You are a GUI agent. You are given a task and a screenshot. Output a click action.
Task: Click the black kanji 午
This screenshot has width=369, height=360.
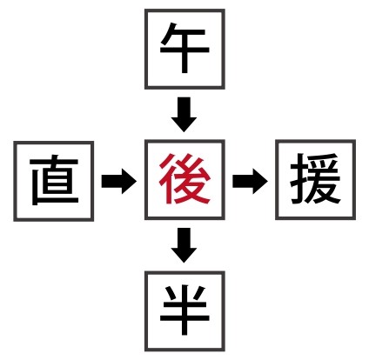pyautogui.click(x=184, y=48)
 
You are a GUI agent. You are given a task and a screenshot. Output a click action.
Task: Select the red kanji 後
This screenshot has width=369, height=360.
pyautogui.click(x=184, y=179)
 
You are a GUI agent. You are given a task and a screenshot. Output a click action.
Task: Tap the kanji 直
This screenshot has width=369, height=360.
pyautogui.click(x=54, y=181)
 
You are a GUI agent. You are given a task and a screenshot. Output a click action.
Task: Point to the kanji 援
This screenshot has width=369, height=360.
pyautogui.click(x=315, y=178)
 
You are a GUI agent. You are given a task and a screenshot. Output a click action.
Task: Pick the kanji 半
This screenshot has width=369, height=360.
pyautogui.click(x=184, y=310)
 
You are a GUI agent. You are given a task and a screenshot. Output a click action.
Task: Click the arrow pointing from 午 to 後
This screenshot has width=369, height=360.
pyautogui.click(x=184, y=115)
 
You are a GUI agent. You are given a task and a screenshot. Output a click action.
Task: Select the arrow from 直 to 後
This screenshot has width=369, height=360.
pyautogui.click(x=119, y=181)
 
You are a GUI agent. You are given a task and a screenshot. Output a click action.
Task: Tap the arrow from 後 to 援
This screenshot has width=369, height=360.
pyautogui.click(x=250, y=181)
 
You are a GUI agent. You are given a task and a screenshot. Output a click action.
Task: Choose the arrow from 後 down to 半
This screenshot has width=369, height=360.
pyautogui.click(x=184, y=245)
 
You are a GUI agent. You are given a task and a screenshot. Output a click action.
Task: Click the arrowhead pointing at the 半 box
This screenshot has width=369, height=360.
pyautogui.click(x=184, y=255)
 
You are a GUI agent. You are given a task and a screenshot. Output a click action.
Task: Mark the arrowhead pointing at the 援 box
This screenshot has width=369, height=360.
pyautogui.click(x=260, y=181)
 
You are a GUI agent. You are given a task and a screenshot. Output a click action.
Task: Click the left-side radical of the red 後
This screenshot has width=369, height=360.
pyautogui.click(x=168, y=179)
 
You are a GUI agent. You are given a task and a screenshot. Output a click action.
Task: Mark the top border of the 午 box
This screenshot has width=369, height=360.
pyautogui.click(x=184, y=10)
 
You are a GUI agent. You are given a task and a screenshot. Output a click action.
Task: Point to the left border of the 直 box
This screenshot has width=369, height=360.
pyautogui.click(x=16, y=181)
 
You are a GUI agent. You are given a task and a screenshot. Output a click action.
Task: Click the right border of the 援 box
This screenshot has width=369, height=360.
pyautogui.click(x=354, y=179)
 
